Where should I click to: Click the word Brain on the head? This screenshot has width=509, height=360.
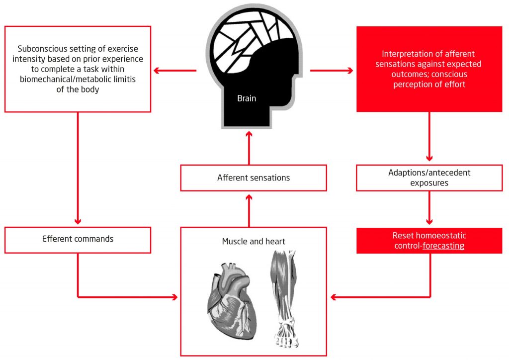[x=247, y=98]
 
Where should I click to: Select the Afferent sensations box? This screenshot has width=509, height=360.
[x=253, y=178]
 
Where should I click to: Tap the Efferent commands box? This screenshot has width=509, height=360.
[x=78, y=239]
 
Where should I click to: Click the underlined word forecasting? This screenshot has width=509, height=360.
[x=443, y=245]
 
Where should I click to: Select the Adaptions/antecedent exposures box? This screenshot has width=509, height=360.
[x=429, y=178]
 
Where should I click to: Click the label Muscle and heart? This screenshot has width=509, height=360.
[x=253, y=242]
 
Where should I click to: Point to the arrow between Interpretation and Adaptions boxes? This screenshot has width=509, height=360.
[x=429, y=137]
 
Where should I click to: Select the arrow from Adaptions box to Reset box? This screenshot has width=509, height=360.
[x=429, y=209]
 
